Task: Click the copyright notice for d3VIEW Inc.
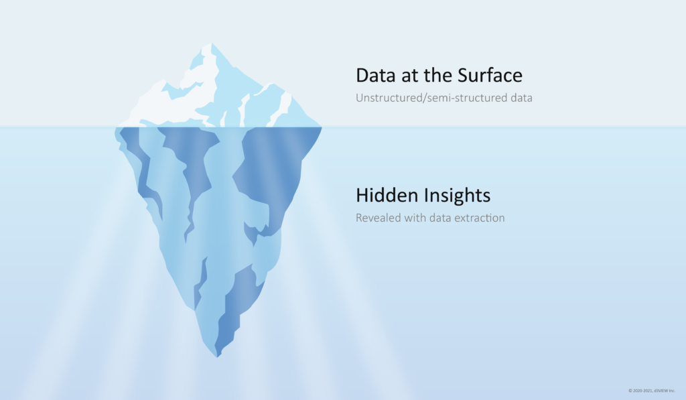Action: (651, 391)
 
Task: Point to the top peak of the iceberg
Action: (212, 44)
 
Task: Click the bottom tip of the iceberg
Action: (217, 357)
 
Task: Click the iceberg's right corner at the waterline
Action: (322, 127)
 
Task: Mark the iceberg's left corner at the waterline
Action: (116, 127)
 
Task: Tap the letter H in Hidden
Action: (362, 195)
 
